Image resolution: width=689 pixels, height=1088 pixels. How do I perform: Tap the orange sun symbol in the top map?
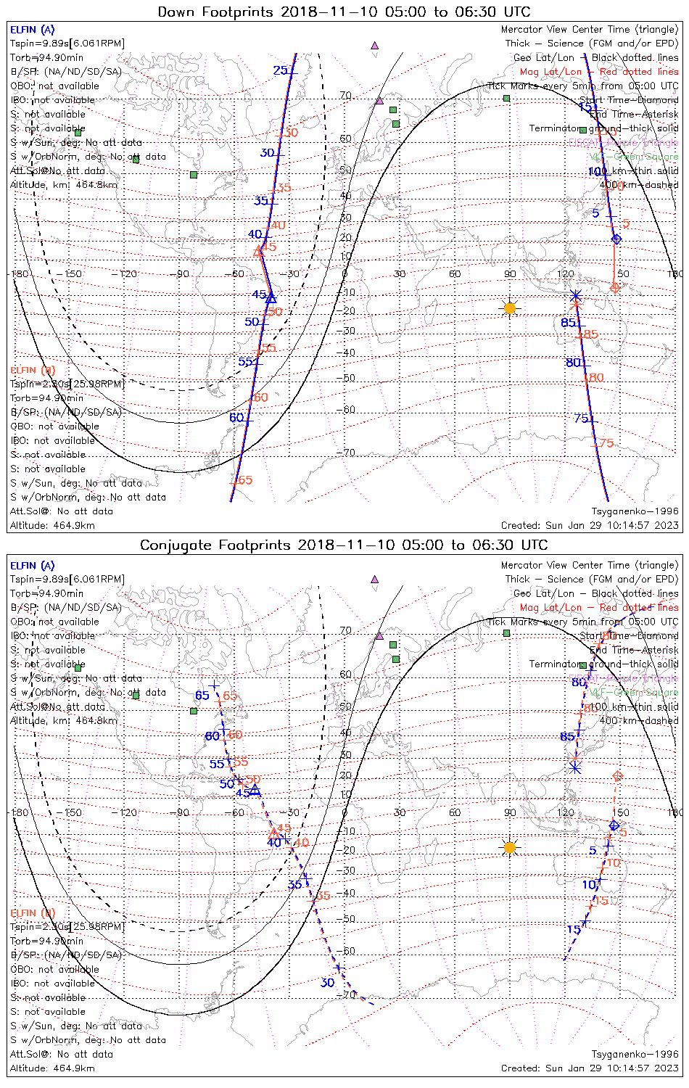tap(510, 308)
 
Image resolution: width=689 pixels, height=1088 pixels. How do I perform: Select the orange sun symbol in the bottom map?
tap(510, 847)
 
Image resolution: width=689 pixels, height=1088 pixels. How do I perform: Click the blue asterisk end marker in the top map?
tap(576, 295)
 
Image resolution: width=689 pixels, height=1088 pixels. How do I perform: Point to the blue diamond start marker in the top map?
tap(616, 239)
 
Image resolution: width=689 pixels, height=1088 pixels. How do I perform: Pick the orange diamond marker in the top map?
tap(615, 288)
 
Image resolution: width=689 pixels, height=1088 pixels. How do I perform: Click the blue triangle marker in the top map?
tap(271, 297)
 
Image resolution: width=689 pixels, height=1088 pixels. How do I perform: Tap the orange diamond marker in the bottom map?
tap(617, 776)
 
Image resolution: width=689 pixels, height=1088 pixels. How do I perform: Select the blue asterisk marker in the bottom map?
tap(576, 767)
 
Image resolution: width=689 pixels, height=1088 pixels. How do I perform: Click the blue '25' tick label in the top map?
tap(280, 70)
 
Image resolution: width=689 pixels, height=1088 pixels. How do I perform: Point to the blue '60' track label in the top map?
tap(236, 418)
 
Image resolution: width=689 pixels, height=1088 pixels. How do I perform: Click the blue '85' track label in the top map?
tap(568, 322)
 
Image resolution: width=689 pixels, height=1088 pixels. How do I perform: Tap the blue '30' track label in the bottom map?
tap(327, 983)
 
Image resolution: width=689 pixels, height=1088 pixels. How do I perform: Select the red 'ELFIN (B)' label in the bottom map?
tap(33, 912)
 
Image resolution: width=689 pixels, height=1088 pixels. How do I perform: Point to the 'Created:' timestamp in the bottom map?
tap(590, 1068)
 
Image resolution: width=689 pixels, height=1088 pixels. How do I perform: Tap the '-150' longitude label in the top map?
tap(73, 274)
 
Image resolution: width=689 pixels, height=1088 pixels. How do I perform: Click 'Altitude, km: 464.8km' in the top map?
tap(64, 185)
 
